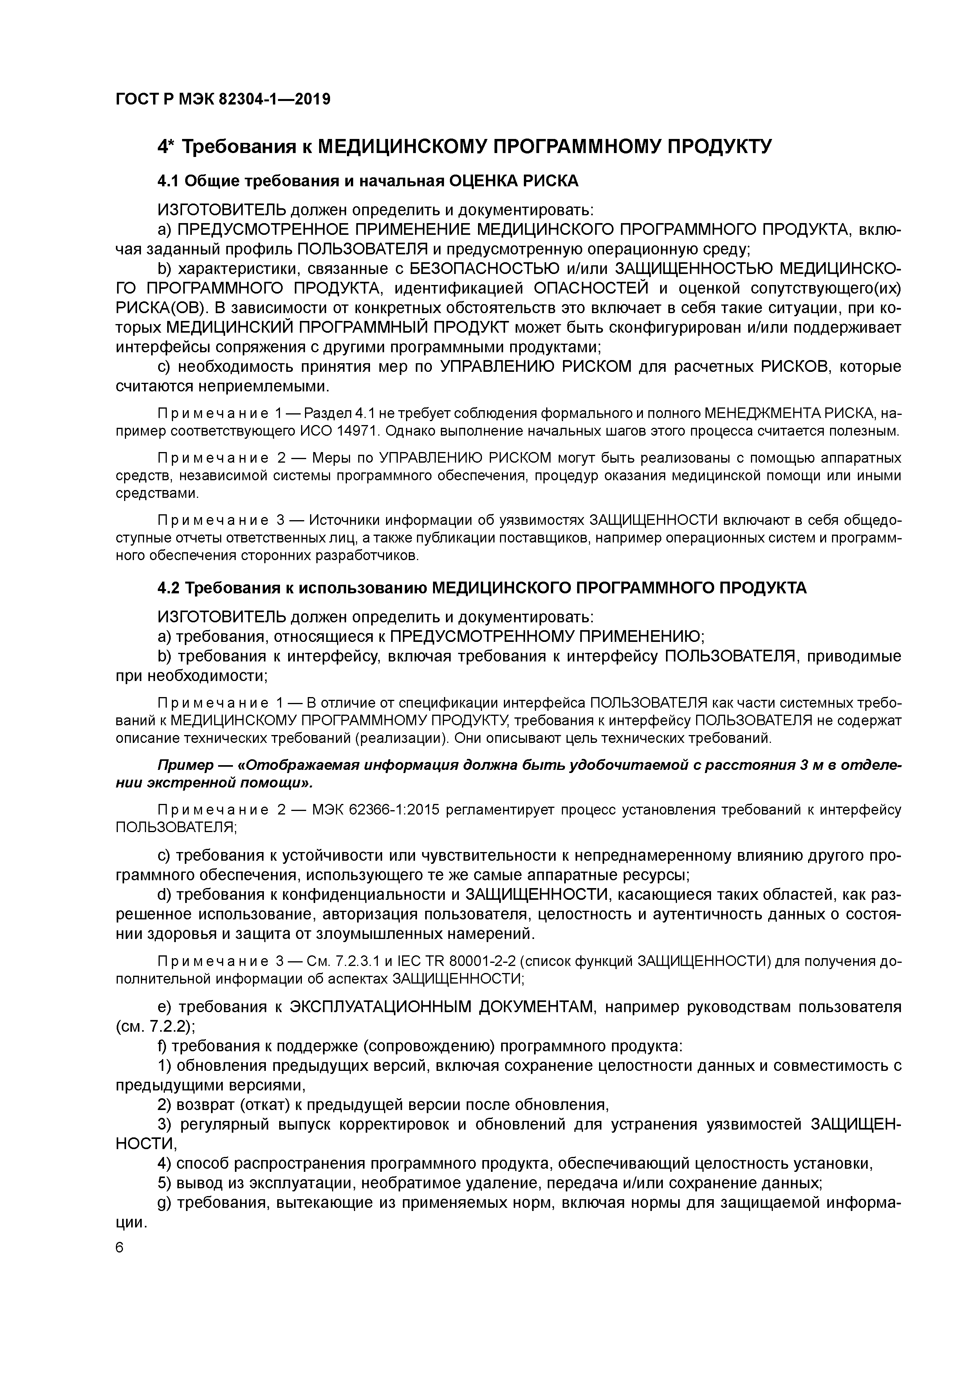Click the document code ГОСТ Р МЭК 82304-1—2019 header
coord(222,99)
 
